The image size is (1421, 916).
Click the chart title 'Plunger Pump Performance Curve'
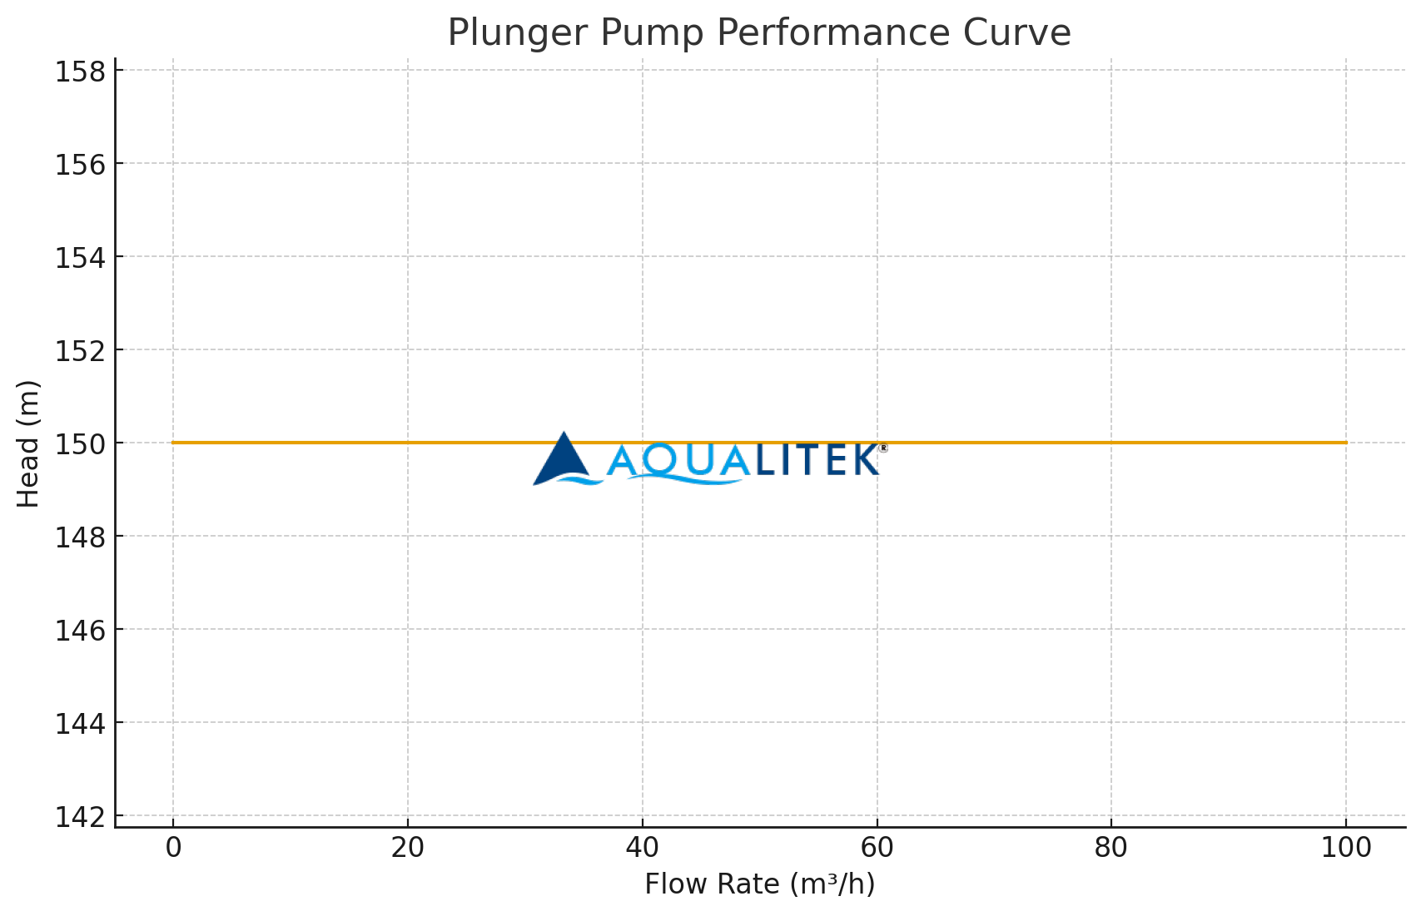point(758,33)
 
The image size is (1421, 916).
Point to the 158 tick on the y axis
point(82,72)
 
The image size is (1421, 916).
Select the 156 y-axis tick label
point(82,165)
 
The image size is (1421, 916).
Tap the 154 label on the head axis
point(82,258)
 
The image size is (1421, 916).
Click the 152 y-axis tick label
point(82,351)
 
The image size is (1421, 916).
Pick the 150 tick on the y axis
point(82,444)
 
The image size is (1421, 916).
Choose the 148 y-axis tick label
point(82,537)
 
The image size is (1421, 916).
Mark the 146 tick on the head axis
point(82,631)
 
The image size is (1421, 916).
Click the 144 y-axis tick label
point(82,724)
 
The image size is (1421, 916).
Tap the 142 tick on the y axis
point(82,817)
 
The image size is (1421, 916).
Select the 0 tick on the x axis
point(173,848)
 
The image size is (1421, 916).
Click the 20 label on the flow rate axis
point(408,848)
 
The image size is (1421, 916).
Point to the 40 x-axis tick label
point(642,848)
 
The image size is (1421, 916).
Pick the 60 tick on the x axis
point(877,848)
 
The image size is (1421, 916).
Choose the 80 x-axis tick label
point(1111,848)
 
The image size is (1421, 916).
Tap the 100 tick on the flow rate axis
point(1346,848)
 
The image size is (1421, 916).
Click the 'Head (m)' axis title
point(28,443)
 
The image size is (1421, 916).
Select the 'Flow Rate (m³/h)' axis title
point(759,884)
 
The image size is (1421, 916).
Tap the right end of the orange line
point(1345,443)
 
